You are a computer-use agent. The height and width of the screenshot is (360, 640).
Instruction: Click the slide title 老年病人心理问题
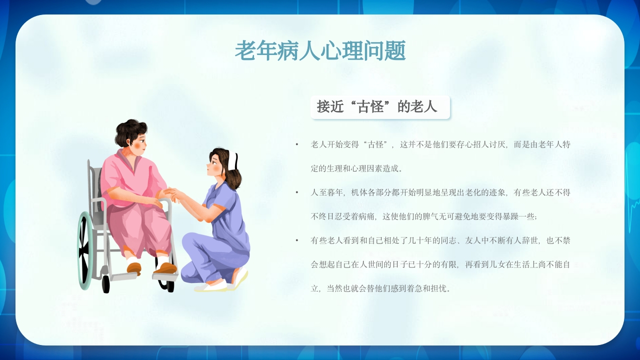click(x=320, y=51)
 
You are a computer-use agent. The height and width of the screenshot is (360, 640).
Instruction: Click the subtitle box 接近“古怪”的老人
click(x=379, y=107)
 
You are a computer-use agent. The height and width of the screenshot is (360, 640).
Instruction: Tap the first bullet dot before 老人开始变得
click(x=297, y=144)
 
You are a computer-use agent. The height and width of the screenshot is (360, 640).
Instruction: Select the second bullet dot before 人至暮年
click(x=297, y=192)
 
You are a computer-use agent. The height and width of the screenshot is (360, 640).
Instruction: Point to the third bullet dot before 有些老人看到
click(x=297, y=240)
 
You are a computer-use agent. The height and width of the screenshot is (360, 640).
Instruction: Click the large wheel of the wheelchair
click(x=84, y=250)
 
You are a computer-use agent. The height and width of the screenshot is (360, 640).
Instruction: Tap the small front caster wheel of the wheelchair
click(x=105, y=283)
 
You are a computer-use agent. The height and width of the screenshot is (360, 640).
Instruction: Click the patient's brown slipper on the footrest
click(x=165, y=268)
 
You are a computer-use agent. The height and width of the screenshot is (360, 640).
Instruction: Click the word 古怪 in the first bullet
click(x=375, y=144)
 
